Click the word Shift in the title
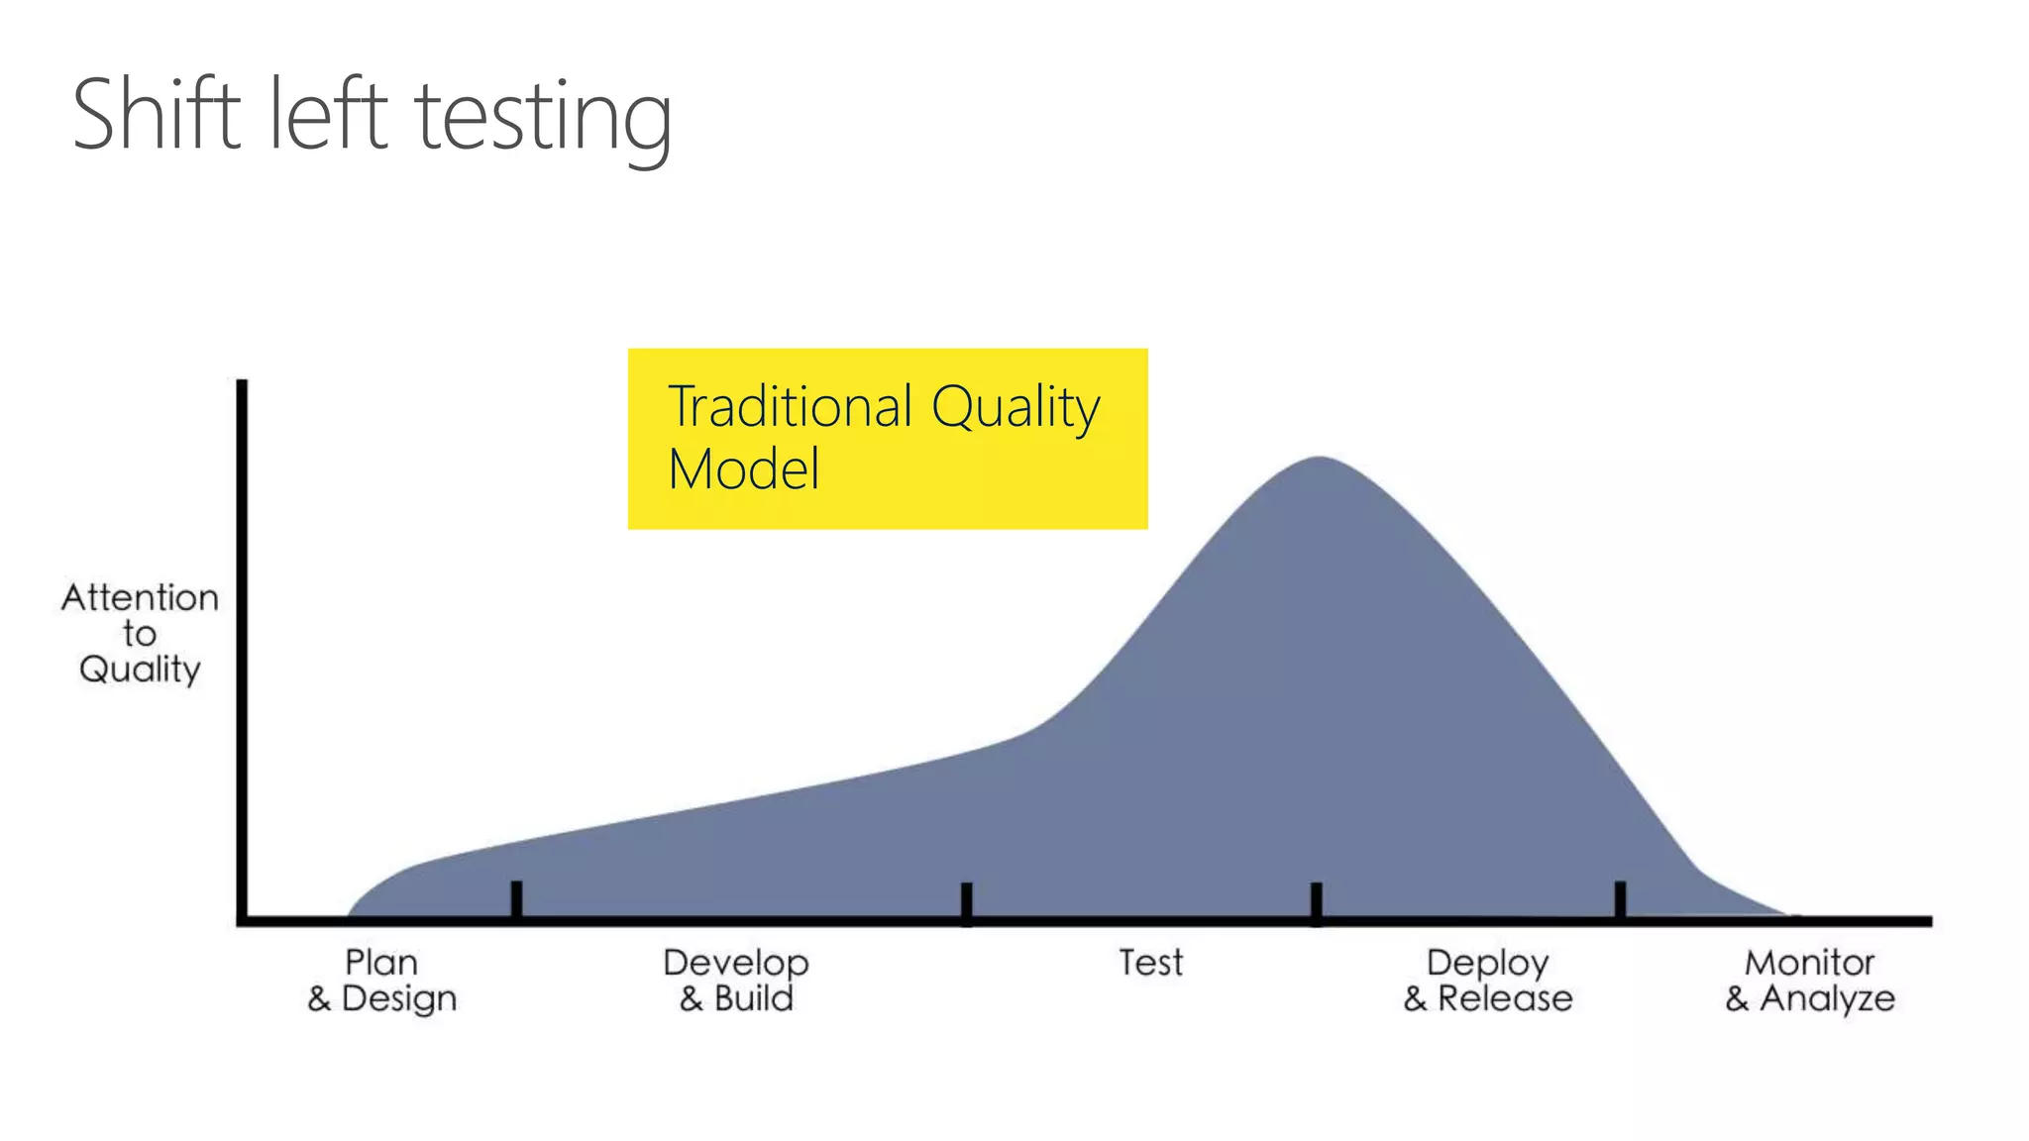coord(157,116)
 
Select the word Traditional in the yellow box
coord(790,407)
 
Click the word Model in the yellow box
coord(743,469)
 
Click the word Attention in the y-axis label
coord(140,597)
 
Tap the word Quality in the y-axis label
coord(140,670)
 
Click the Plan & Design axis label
coord(381,980)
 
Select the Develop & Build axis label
coord(736,980)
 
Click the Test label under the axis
coord(1150,963)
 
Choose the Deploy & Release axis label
coord(1487,980)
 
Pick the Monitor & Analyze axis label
coord(1809,980)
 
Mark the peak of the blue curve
coord(1319,459)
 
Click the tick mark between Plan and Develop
coord(516,899)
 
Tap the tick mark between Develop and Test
coord(966,901)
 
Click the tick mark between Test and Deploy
coord(1316,901)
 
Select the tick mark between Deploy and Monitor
coord(1620,899)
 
